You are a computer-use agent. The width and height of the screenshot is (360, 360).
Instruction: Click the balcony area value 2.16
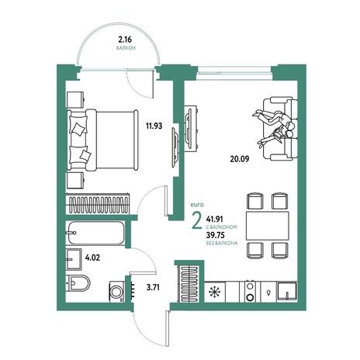pos(125,40)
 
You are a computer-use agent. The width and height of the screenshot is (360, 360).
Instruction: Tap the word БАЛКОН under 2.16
pos(126,48)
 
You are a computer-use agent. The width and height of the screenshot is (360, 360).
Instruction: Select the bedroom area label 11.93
pos(154,126)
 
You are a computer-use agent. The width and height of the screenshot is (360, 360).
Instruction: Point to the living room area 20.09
pos(240,159)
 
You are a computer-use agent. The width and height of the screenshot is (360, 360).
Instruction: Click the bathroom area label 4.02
pos(92,258)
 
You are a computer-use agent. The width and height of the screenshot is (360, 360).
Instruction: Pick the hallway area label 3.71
pos(153,287)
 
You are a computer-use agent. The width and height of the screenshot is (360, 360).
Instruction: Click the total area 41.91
pos(214,220)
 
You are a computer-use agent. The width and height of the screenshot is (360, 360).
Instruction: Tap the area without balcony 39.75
pos(215,235)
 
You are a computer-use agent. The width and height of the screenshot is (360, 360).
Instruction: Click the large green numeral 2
pos(197,220)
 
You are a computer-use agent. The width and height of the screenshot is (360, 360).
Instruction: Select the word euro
pos(197,205)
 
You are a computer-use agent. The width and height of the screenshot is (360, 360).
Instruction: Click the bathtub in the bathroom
pos(95,233)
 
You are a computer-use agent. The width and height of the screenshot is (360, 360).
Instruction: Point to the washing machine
pos(117,292)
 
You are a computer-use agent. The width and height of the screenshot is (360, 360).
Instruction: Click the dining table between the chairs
pos(267,226)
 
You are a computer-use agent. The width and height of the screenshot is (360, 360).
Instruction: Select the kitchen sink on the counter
pos(287,292)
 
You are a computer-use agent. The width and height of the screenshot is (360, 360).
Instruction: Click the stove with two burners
pos(250,292)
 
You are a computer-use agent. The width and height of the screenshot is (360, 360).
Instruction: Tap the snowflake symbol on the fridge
pos(215,292)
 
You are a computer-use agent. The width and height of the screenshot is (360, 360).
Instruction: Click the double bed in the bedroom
pos(102,140)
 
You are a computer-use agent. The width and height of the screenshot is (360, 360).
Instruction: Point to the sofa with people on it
pos(280,129)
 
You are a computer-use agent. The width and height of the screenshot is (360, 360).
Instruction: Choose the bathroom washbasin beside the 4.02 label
pos(74,259)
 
